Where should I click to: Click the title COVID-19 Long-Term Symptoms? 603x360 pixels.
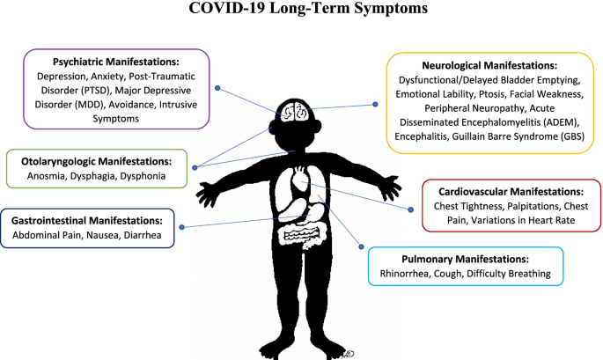(x=302, y=11)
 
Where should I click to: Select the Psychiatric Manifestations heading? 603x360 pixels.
(x=116, y=62)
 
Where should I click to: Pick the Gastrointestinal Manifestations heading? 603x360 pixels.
(x=94, y=220)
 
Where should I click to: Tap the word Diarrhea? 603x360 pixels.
(x=149, y=235)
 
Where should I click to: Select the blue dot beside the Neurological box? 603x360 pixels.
(x=376, y=105)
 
